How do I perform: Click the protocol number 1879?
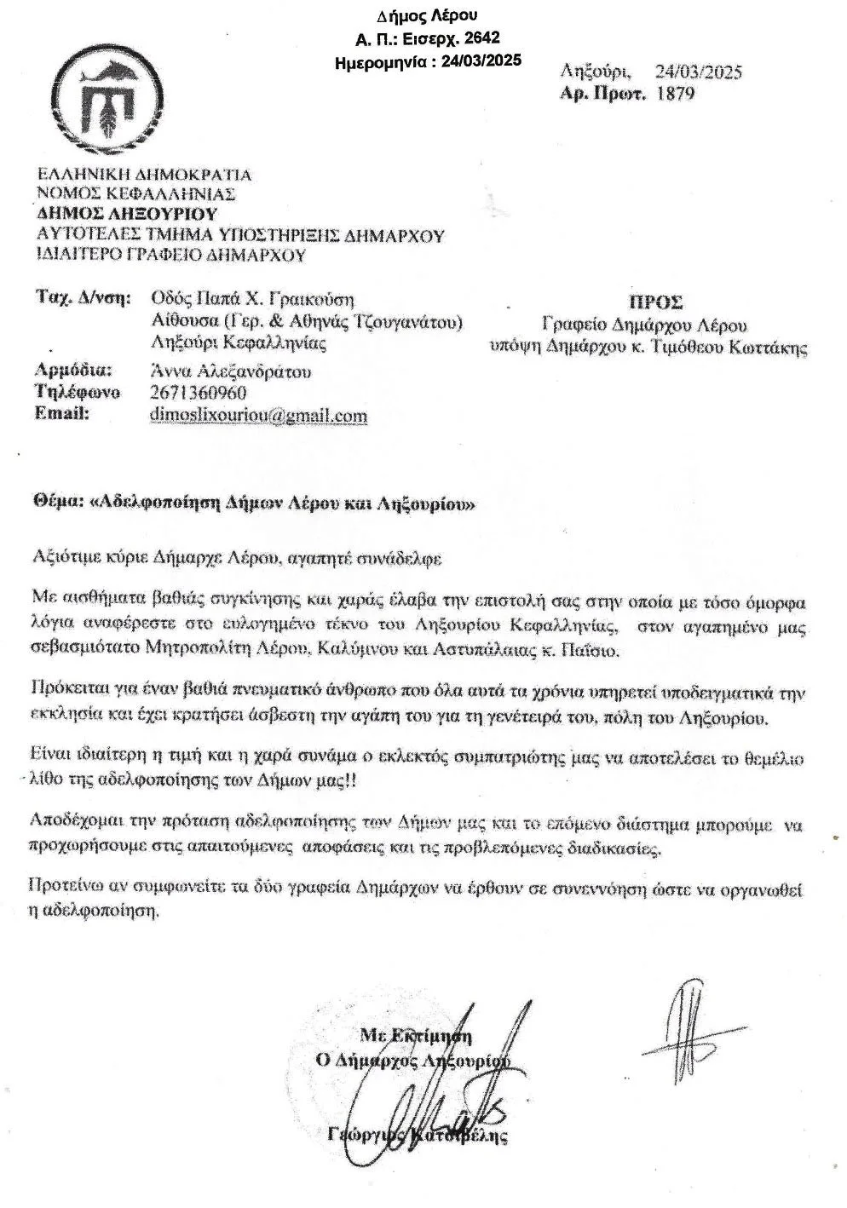[x=677, y=93]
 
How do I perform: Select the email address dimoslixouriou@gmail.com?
[x=258, y=416]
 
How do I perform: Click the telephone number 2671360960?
[x=198, y=394]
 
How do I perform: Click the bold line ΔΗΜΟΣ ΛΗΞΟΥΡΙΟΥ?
[x=127, y=214]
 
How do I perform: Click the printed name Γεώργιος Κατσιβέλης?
[x=418, y=1136]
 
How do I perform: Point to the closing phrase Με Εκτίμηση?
[x=416, y=1036]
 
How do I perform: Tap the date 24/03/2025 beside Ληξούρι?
[x=698, y=72]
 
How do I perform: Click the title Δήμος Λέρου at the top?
[x=427, y=16]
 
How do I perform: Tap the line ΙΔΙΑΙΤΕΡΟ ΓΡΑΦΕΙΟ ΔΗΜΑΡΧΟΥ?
[x=170, y=255]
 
